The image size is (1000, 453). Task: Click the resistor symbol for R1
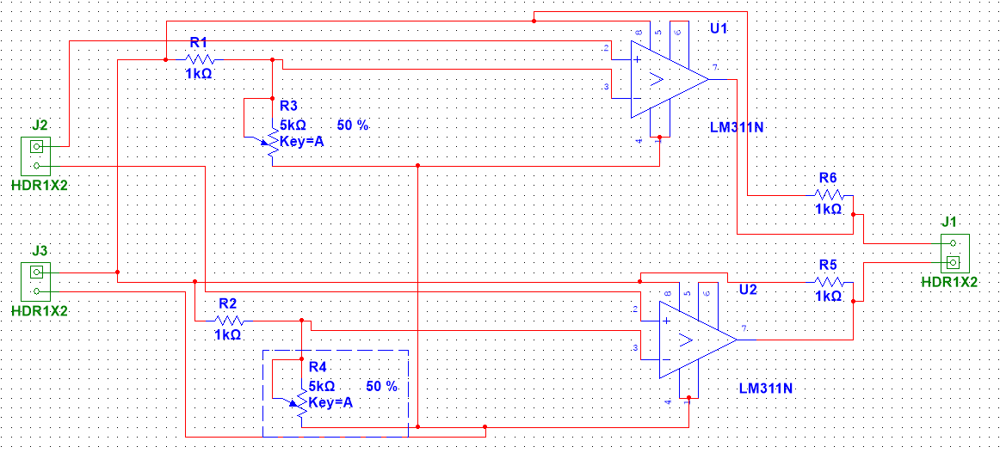point(200,59)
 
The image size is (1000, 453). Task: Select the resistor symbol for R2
point(228,321)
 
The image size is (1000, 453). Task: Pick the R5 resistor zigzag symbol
point(828,282)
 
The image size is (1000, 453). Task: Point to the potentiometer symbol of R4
point(301,403)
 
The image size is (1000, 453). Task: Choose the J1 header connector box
point(954,253)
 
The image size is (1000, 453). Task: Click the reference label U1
point(719,29)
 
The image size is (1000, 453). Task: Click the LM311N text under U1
point(737,127)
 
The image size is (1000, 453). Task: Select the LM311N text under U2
point(765,388)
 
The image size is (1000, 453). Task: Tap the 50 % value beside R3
point(353,125)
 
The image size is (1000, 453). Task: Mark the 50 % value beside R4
point(382,386)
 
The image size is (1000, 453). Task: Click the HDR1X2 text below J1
point(949,282)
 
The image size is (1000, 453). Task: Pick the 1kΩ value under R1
point(199,75)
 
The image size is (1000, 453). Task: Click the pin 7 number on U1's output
point(715,67)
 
